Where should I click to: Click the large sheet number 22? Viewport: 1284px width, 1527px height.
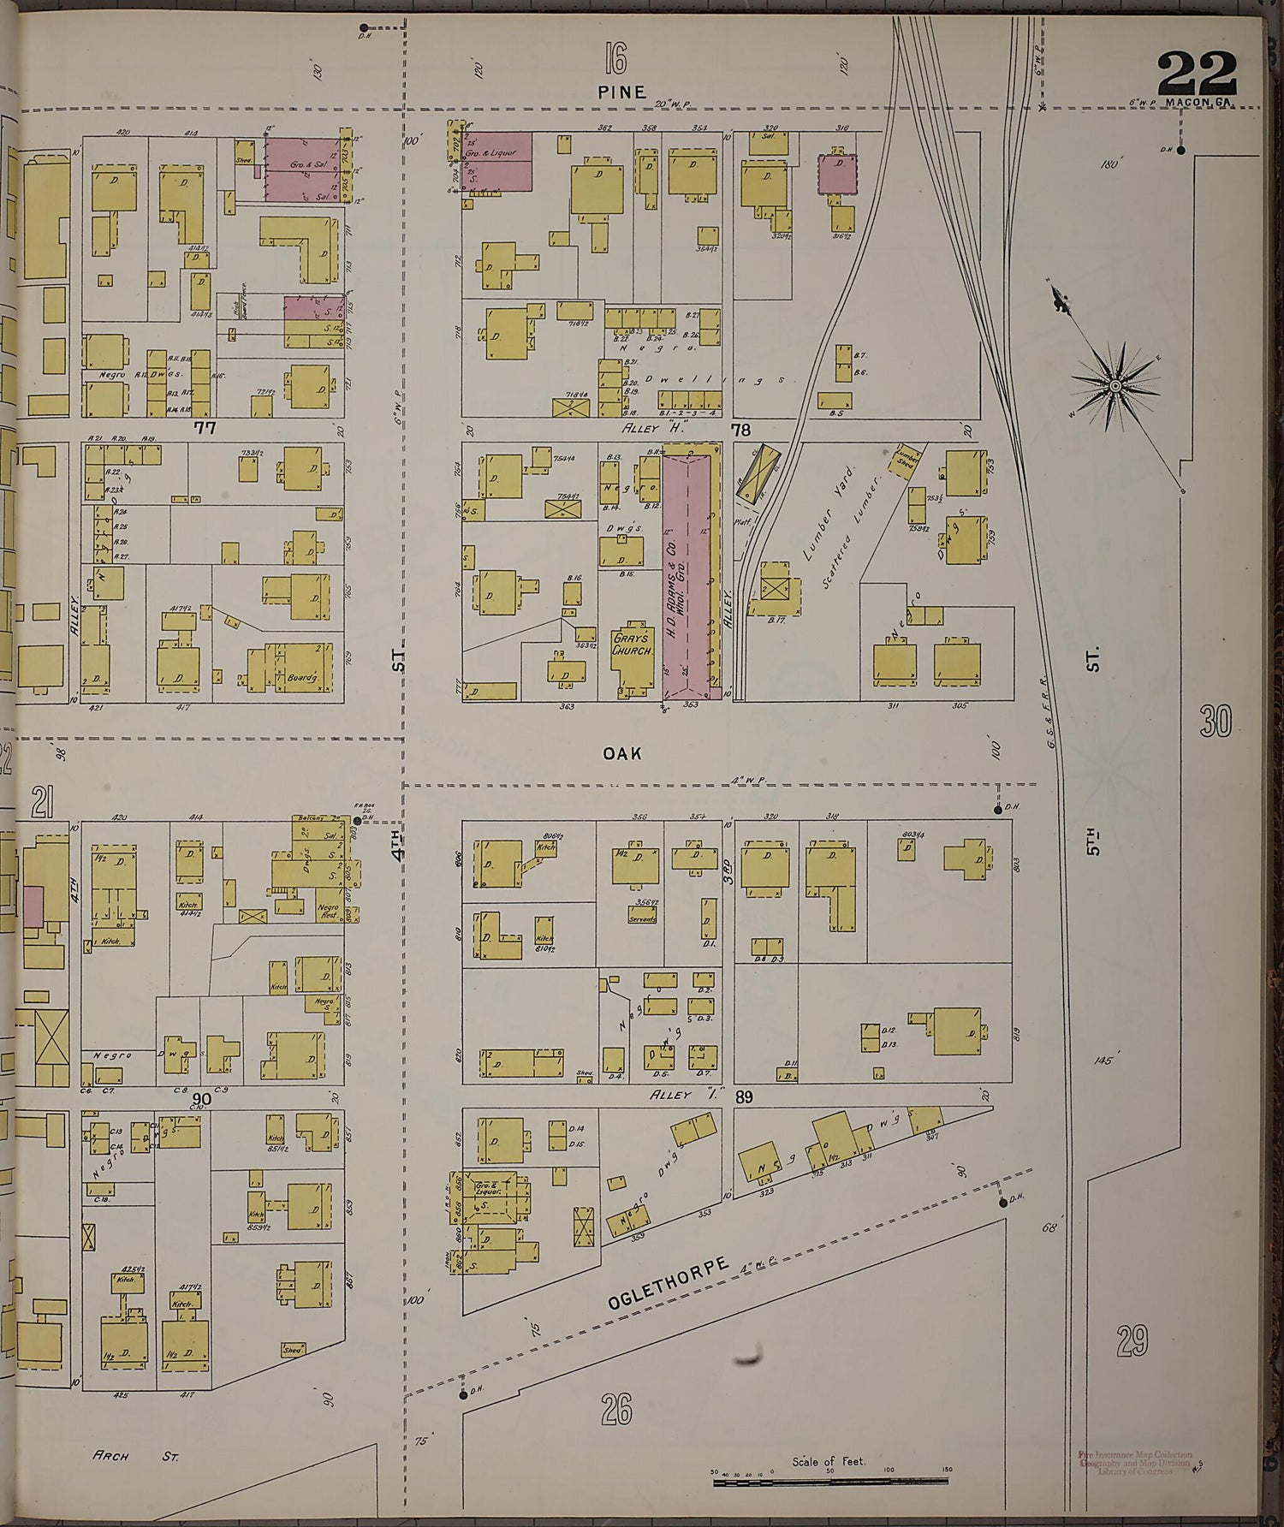(x=1197, y=74)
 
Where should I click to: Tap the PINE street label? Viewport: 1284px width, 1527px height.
(x=622, y=92)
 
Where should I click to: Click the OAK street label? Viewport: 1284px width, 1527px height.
(x=621, y=753)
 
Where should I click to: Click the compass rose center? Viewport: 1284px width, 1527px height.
(x=1116, y=387)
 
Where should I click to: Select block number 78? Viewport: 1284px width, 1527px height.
(x=740, y=428)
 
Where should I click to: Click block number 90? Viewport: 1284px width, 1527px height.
(x=203, y=1098)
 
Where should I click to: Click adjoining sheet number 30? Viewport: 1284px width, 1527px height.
(x=1215, y=723)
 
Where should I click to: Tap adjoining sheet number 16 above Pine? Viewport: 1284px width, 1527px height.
(x=614, y=62)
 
